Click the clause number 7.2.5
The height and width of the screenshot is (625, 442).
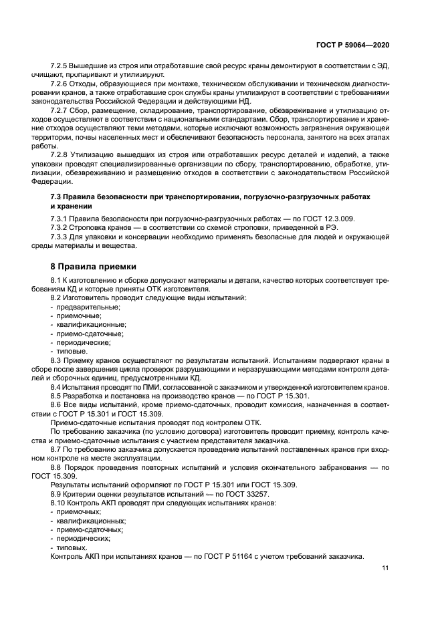tap(61, 67)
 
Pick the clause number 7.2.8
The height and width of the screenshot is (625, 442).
tap(61, 154)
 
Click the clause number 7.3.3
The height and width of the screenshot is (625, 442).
tap(61, 237)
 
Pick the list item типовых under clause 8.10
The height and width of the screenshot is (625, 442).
tap(72, 545)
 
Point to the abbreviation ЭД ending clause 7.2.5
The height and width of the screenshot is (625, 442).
tap(382, 67)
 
